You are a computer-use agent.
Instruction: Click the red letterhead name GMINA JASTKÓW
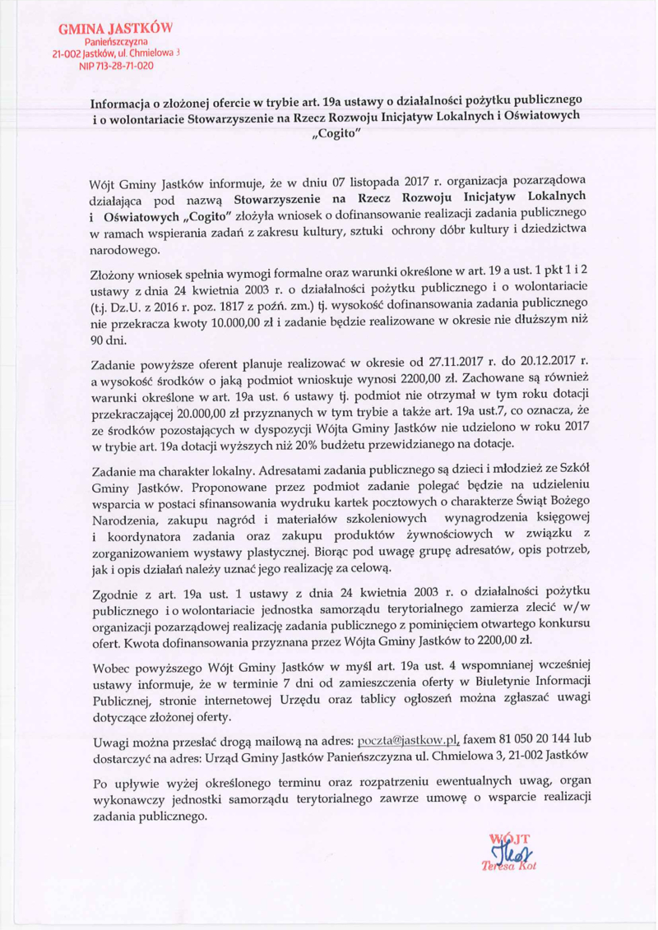tap(113, 28)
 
